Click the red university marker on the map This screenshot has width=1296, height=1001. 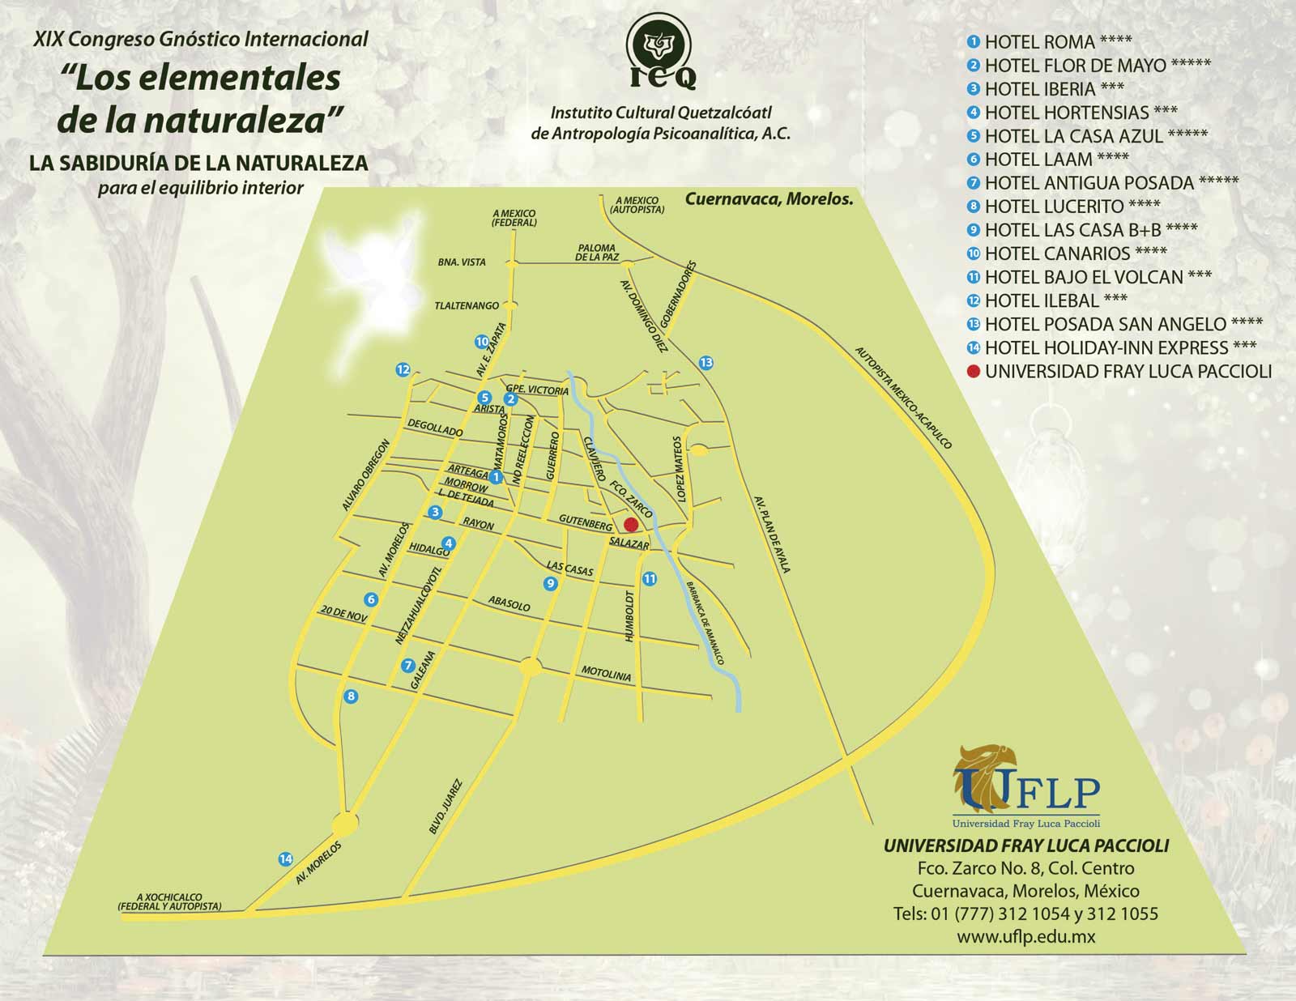631,524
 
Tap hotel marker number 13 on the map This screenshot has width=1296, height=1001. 706,362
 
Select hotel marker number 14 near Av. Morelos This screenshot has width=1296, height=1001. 285,859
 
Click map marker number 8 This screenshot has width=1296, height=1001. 351,696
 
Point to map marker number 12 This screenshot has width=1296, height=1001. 403,370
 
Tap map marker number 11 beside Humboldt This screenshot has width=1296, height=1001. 649,578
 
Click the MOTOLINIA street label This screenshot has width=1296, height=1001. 606,674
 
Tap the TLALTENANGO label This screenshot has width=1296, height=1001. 467,306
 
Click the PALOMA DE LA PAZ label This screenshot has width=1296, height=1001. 597,252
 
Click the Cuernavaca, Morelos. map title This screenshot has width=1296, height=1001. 769,198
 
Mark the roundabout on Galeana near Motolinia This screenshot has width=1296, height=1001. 530,667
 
